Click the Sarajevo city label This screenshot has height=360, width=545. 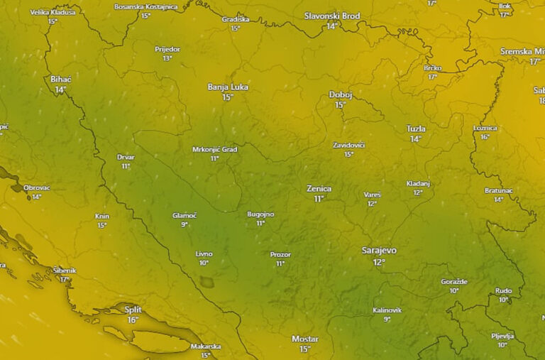tap(379, 251)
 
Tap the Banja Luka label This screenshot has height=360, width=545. tap(228, 87)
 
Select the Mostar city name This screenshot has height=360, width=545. tap(305, 339)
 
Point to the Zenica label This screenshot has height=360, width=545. tap(319, 189)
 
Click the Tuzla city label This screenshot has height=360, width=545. tap(416, 129)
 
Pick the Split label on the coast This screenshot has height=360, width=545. tap(133, 309)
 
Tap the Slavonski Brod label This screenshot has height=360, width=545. tap(332, 16)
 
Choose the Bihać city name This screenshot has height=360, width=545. tap(61, 79)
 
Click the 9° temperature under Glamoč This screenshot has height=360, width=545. tap(185, 224)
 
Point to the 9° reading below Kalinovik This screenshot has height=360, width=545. tap(387, 320)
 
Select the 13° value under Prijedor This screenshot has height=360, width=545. tap(167, 58)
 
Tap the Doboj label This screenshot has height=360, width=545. tap(341, 94)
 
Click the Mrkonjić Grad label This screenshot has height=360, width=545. tap(214, 150)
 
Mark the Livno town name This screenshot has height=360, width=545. tap(204, 253)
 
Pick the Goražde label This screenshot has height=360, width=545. tap(454, 281)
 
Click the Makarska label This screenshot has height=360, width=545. tap(206, 347)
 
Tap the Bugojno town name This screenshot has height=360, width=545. tap(260, 214)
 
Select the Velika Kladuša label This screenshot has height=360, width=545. tap(53, 12)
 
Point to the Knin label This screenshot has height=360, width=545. tap(102, 216)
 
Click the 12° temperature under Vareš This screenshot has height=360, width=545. tap(372, 204)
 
